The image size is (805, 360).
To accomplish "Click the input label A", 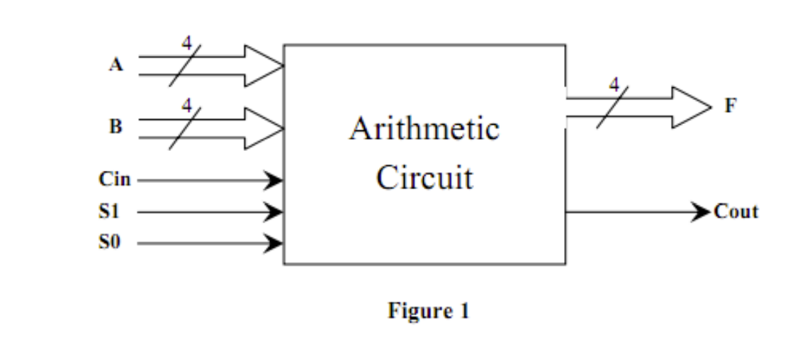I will (115, 65).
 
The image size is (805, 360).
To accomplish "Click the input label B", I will (115, 128).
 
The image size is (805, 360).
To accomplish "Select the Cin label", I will (114, 180).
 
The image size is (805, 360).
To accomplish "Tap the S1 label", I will (109, 211).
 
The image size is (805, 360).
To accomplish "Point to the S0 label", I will (109, 243).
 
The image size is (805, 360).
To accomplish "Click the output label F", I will (730, 107).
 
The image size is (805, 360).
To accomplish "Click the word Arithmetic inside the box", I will (424, 130).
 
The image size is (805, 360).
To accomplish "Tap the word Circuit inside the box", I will (424, 177).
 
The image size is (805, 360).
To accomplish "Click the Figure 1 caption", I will (428, 310).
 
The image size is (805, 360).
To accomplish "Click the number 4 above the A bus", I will (186, 43).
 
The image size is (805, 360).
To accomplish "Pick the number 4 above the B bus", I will (186, 106).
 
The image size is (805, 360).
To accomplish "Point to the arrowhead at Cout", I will (701, 211).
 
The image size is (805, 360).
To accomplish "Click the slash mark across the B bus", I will (184, 128).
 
